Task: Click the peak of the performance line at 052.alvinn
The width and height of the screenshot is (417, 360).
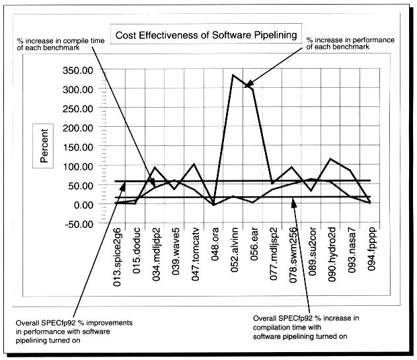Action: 233,75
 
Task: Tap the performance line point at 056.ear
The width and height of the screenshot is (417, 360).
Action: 252,88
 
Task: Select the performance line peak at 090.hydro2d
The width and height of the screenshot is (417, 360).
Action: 330,159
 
